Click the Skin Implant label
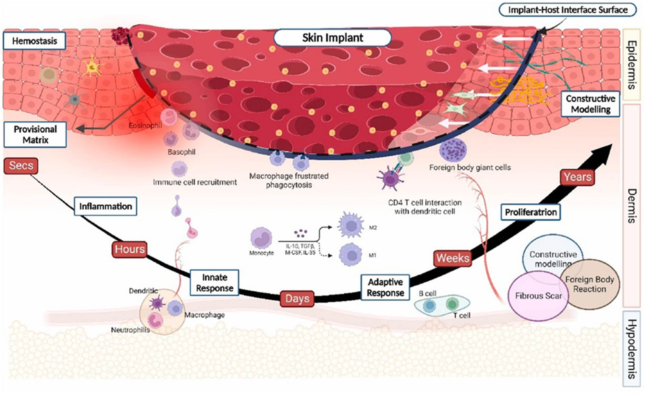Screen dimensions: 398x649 332,38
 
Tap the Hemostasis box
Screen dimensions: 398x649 34,41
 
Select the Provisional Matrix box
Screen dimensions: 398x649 35,135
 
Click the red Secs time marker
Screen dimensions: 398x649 21,166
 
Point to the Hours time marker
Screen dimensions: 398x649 129,249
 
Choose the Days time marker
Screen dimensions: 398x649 297,298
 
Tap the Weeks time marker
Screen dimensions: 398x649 453,258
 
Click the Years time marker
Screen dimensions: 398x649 577,177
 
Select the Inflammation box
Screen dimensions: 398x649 105,206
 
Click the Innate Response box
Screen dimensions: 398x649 214,283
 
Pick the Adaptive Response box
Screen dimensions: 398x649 385,287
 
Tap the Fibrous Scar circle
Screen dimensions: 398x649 538,296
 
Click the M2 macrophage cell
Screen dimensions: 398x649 350,225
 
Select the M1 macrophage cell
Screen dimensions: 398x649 350,255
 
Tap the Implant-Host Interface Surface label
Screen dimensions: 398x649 567,10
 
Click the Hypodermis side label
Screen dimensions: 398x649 631,349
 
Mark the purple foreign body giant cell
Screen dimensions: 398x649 453,150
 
